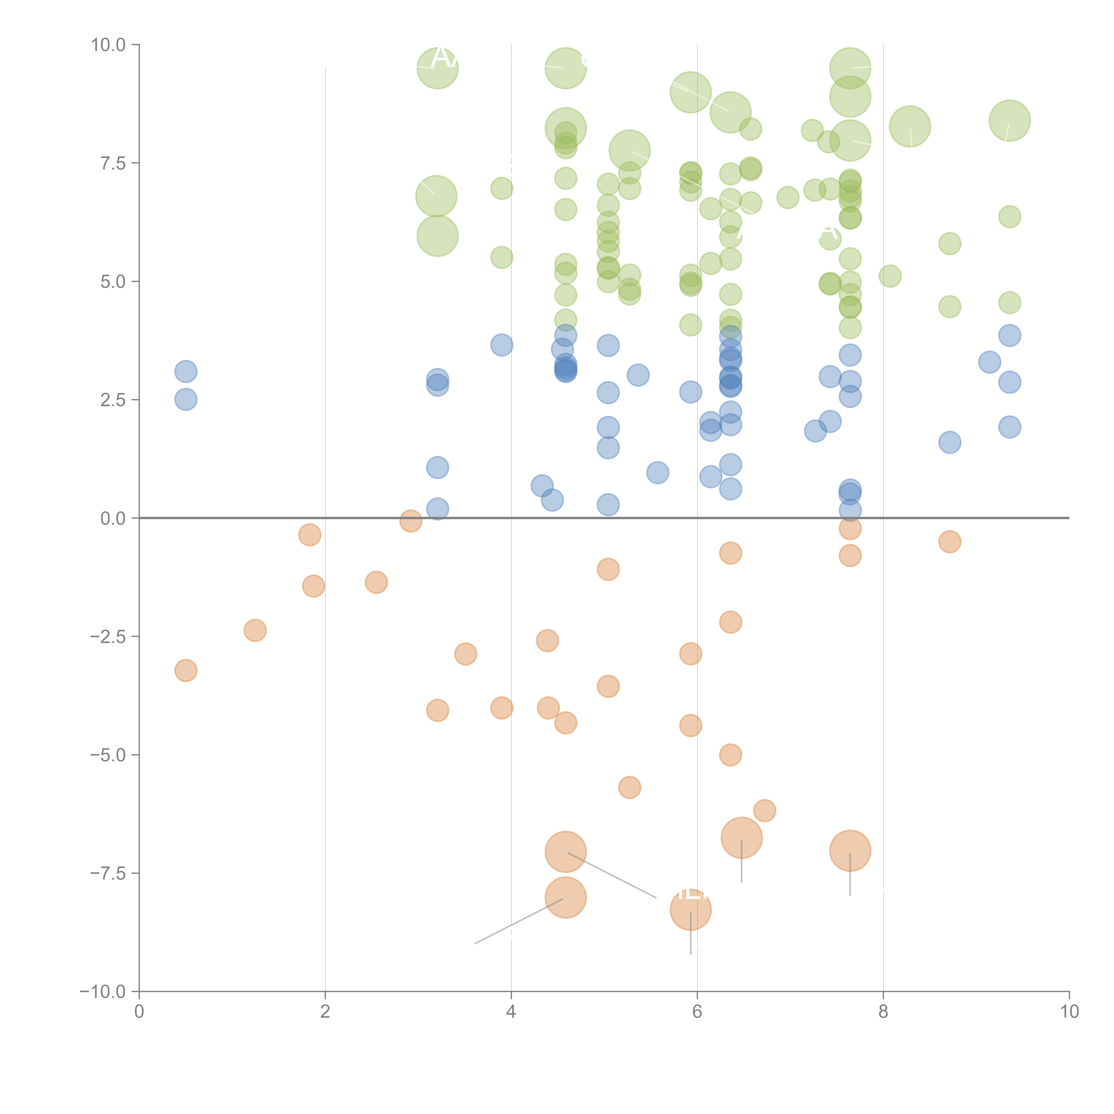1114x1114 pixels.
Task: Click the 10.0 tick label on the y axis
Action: click(109, 45)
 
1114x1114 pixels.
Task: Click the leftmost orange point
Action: click(186, 671)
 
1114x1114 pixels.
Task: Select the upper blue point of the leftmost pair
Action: click(186, 371)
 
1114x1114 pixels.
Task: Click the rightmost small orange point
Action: click(950, 541)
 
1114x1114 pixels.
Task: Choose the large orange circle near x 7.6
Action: click(850, 850)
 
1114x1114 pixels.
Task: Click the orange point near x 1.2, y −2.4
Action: click(255, 630)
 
